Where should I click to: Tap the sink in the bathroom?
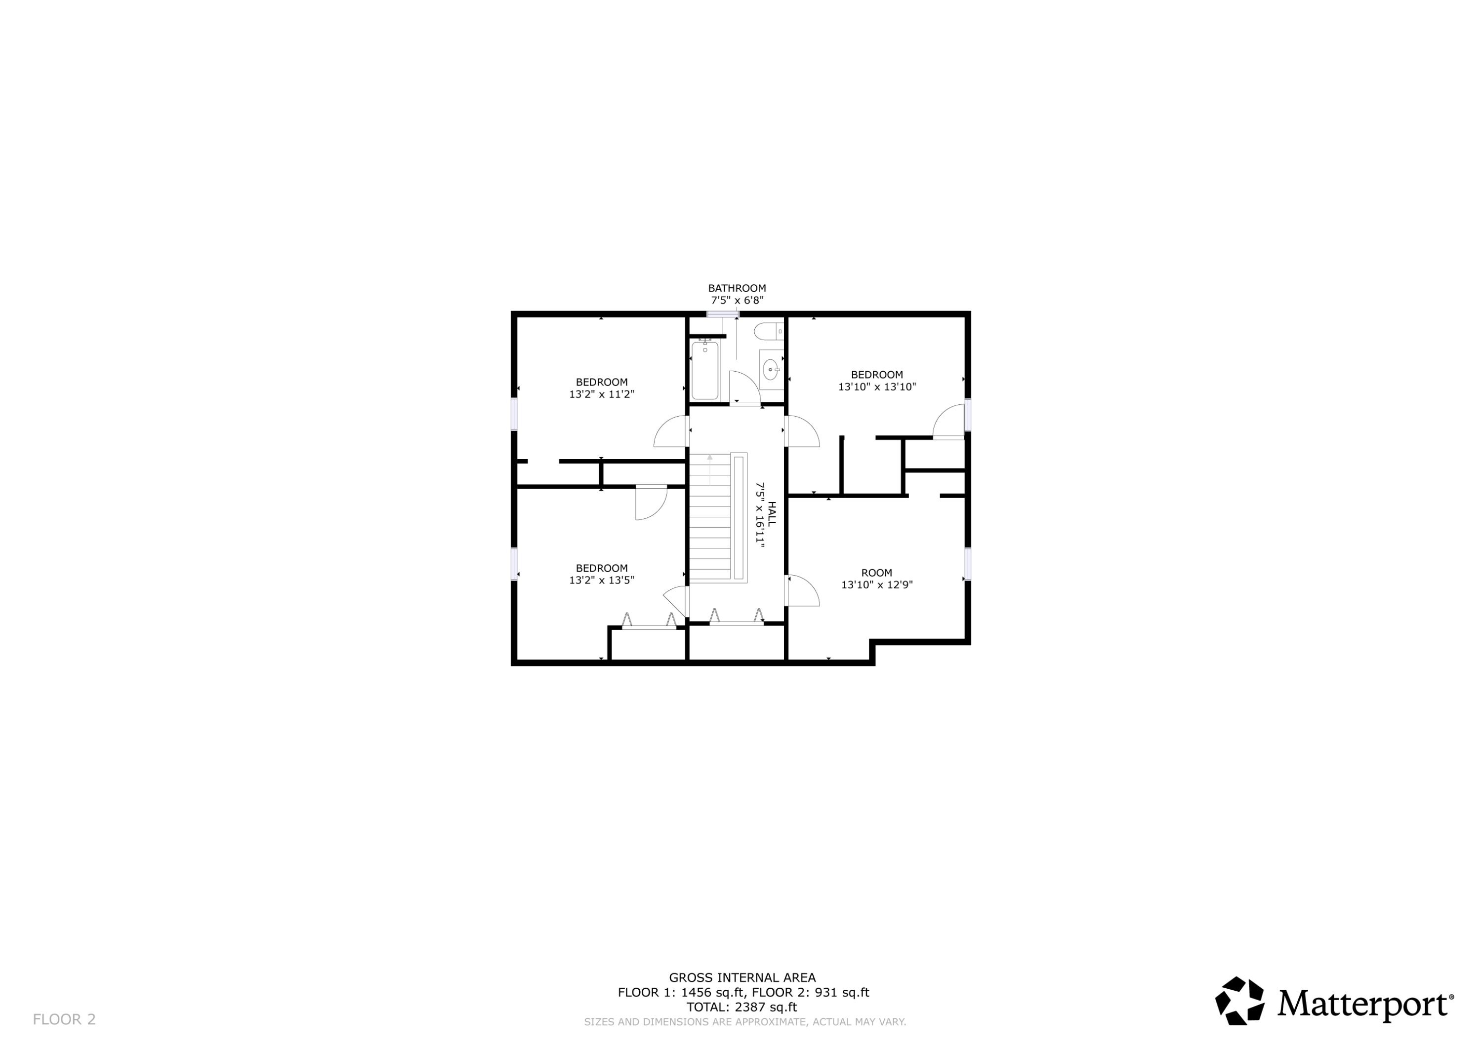click(771, 370)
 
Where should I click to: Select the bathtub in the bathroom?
click(705, 371)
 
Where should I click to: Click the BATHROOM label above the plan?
click(737, 288)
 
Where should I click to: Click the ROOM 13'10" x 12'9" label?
click(876, 579)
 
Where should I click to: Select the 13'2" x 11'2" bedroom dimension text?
click(602, 394)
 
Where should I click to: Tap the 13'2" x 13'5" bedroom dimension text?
click(602, 580)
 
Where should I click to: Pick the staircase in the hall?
click(718, 518)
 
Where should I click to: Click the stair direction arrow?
click(710, 469)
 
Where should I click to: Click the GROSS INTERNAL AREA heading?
click(742, 977)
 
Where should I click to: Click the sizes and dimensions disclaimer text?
click(745, 1022)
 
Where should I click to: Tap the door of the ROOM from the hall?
click(803, 590)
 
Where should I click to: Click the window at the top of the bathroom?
click(723, 314)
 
